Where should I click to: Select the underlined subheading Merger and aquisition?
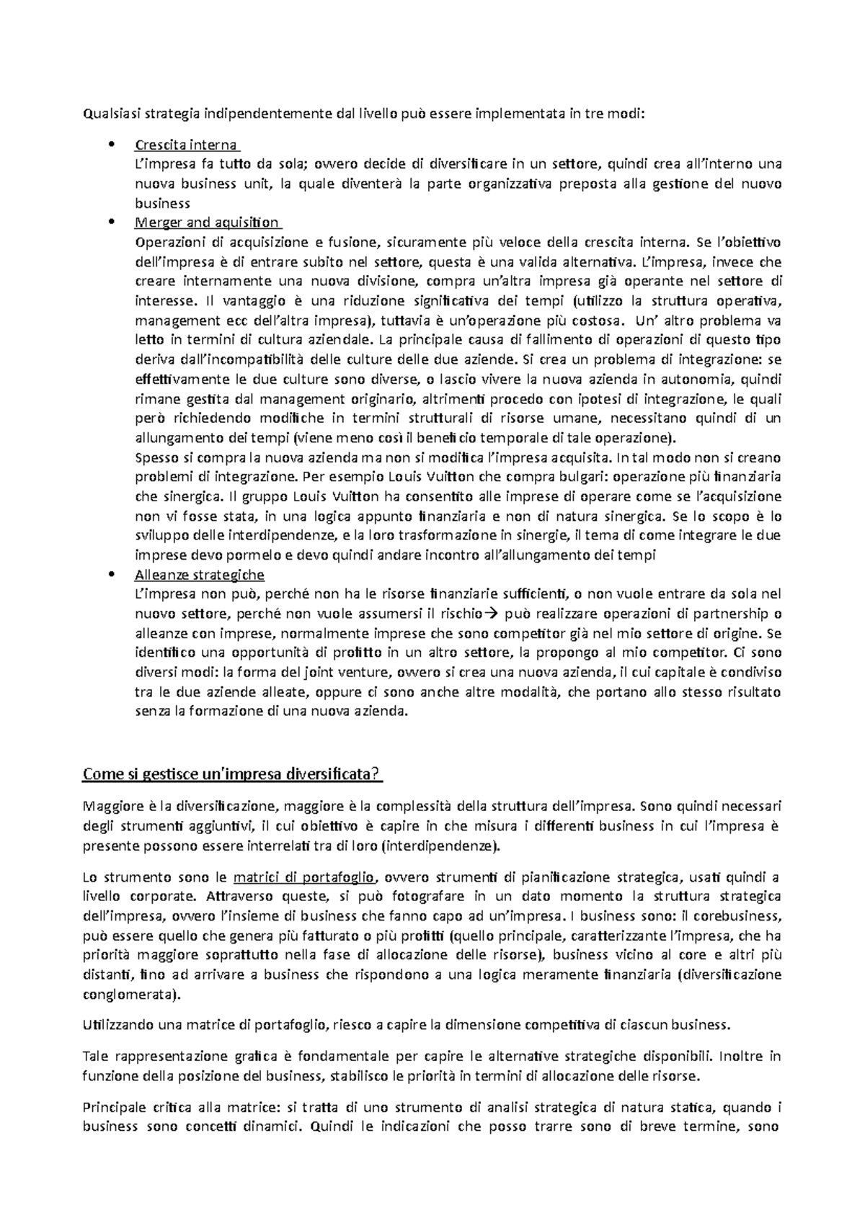(206, 223)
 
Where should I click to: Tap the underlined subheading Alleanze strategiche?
(199, 575)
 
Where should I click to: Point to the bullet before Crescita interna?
(110, 145)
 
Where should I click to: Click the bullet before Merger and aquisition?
(110, 223)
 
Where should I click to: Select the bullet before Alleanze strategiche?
(110, 575)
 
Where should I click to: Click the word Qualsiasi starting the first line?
(105, 113)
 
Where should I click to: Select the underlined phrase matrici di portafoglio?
(304, 877)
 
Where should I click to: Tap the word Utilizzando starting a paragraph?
(117, 1025)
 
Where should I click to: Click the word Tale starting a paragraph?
(94, 1057)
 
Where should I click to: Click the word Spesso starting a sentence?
(154, 457)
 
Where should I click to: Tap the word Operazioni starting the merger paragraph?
(168, 242)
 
